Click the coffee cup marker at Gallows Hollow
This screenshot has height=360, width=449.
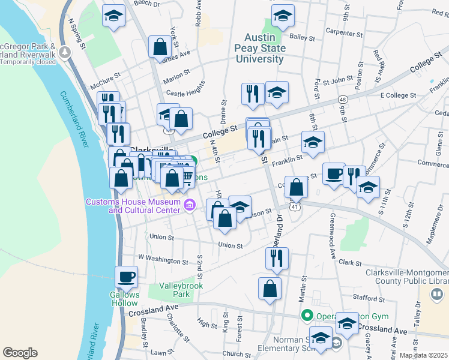(126, 277)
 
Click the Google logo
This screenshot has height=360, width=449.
(20, 353)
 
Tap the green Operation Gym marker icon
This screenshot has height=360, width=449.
(307, 314)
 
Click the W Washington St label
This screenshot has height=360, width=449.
(163, 259)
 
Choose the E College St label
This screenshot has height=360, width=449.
(398, 95)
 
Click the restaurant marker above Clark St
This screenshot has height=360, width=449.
(277, 257)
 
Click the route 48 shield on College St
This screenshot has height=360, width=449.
(342, 98)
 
